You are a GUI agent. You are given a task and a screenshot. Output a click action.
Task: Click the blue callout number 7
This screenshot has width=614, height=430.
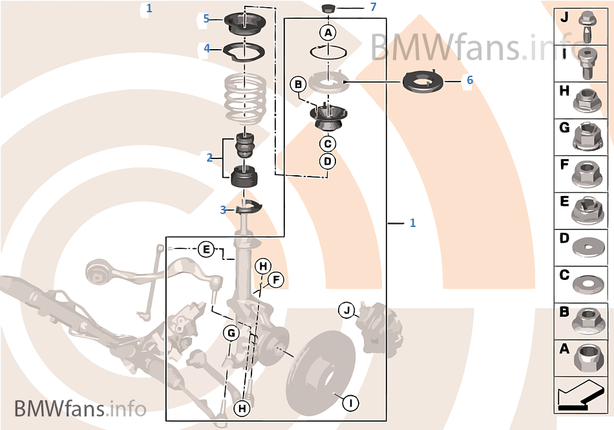point(373,7)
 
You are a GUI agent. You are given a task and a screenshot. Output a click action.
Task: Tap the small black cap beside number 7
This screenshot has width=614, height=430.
point(329,8)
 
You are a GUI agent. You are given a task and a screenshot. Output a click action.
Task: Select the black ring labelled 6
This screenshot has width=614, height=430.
point(423,82)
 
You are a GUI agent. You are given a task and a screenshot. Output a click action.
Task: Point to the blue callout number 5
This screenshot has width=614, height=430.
point(206,18)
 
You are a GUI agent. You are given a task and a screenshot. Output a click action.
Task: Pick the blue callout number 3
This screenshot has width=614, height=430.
point(223,210)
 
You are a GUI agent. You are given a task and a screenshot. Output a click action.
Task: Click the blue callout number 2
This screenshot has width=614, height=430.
point(209,157)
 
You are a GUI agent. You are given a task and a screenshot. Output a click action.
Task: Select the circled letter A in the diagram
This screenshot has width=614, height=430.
point(328,32)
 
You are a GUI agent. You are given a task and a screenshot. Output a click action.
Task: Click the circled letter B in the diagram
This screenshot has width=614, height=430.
point(298,84)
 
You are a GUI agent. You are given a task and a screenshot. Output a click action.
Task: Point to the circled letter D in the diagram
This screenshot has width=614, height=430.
point(328,160)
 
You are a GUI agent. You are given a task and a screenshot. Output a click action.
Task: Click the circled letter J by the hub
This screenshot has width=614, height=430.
point(347,311)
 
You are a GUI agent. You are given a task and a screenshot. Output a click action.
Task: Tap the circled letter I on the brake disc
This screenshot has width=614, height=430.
point(350,403)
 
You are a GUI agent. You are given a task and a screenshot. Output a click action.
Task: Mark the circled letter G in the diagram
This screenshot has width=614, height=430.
point(231,333)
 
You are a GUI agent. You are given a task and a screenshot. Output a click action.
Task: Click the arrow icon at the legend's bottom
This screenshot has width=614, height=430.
point(580,396)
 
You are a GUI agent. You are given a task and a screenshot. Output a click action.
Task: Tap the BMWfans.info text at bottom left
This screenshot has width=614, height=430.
point(79,409)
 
